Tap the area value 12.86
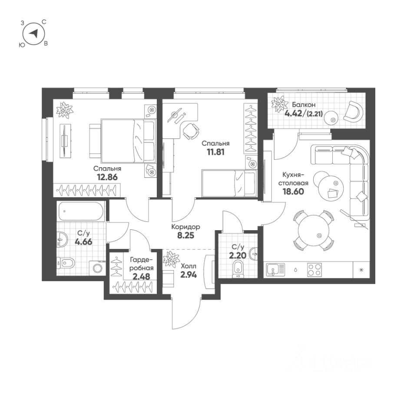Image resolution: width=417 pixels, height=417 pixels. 106,177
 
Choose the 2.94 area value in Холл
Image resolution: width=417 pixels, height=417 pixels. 188,275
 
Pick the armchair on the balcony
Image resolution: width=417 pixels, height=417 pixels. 353,111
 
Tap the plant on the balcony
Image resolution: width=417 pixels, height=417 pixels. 278,105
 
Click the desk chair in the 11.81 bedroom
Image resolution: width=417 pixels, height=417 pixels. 190,131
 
